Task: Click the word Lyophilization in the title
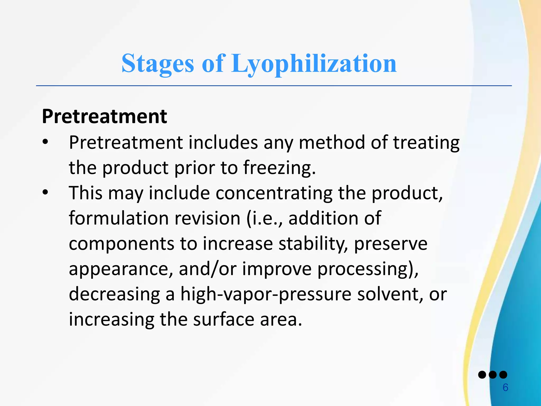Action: (314, 63)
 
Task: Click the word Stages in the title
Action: (158, 63)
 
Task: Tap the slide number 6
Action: (505, 387)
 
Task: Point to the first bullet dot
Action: (45, 142)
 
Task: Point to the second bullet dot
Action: (45, 192)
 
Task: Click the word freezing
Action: (279, 168)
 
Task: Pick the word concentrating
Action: (274, 193)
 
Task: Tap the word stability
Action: (313, 244)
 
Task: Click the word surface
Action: (223, 319)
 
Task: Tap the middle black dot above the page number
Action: (493, 375)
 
